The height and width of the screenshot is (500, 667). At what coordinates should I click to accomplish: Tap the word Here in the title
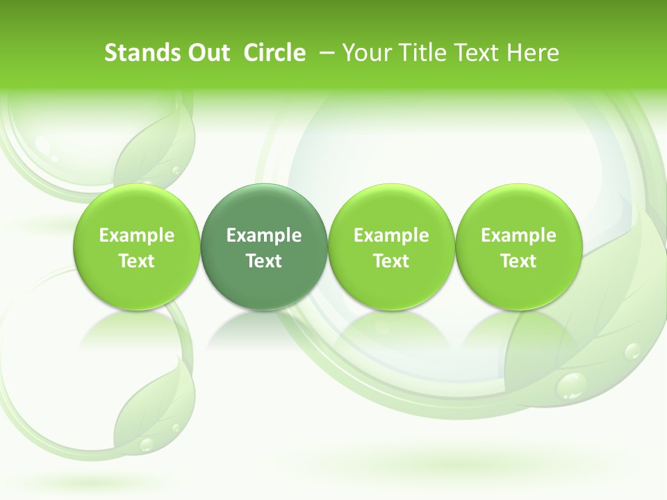point(532,53)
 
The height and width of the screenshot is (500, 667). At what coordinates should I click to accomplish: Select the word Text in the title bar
point(473,53)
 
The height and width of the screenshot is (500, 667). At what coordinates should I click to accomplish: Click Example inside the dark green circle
point(264,235)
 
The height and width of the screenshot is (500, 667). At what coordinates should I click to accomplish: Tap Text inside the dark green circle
point(264,261)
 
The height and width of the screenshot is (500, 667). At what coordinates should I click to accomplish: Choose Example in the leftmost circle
point(137,235)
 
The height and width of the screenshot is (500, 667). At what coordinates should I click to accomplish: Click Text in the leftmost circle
point(137,261)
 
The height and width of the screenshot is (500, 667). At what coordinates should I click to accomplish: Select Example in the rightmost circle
point(518,235)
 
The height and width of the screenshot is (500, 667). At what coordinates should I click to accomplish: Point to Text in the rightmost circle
point(518,261)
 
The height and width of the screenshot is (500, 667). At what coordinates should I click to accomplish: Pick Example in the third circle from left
point(391,235)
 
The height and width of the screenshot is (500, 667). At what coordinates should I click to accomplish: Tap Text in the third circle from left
point(391,261)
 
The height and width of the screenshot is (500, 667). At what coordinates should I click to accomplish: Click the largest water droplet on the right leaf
point(573,384)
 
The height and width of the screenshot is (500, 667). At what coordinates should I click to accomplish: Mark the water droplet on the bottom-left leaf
point(147,443)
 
